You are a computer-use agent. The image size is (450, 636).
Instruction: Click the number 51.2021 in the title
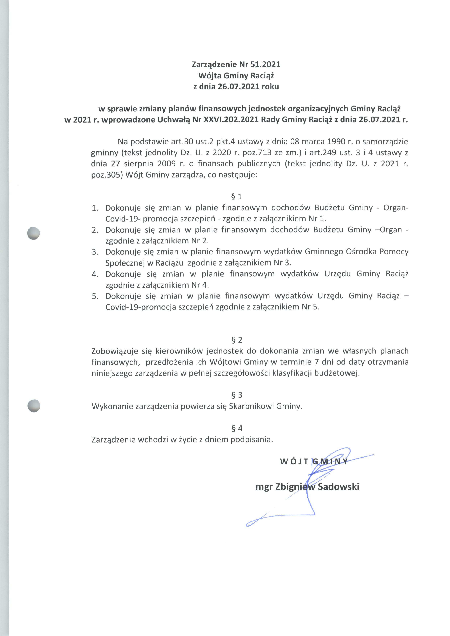click(265, 65)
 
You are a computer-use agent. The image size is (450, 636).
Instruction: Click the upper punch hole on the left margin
click(34, 233)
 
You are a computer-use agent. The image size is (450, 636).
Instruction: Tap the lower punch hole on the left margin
click(34, 406)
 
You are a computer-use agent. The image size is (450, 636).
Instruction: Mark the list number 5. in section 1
click(95, 296)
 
